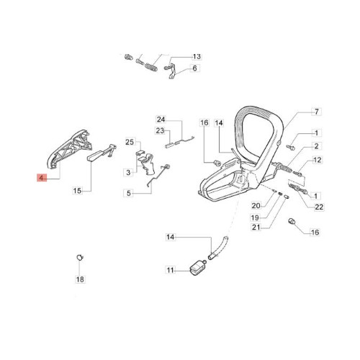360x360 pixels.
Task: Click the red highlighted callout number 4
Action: tap(42, 178)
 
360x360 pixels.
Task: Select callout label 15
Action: tap(77, 191)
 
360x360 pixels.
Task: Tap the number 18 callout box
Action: tap(80, 279)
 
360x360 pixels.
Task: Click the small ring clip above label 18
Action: tap(80, 258)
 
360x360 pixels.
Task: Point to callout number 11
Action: tap(170, 270)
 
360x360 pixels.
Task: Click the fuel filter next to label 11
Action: tap(197, 269)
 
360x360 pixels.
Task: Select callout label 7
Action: tap(317, 112)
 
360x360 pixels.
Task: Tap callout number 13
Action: tap(197, 57)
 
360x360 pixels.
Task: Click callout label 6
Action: tap(194, 68)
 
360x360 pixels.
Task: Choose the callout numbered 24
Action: tap(161, 120)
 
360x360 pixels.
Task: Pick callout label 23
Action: tap(160, 131)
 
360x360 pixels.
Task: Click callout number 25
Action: tap(130, 142)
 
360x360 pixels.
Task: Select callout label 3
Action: tap(128, 172)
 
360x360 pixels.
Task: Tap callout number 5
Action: tap(129, 193)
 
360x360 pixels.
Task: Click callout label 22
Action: tap(319, 207)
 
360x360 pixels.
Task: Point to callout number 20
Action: tap(256, 206)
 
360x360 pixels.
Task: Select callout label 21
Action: tap(256, 227)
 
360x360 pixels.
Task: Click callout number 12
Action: tap(318, 160)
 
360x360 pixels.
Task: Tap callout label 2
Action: tap(317, 146)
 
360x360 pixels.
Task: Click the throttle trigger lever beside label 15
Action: tap(101, 153)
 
